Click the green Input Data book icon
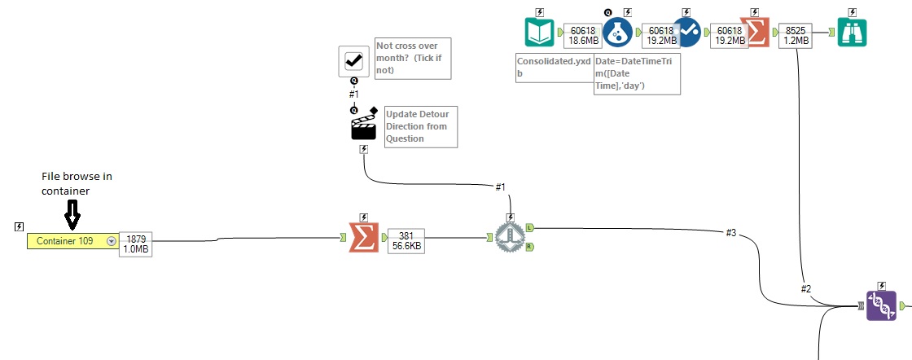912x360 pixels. pos(539,32)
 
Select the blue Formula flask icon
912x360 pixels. pos(617,32)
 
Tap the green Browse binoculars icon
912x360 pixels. pos(853,32)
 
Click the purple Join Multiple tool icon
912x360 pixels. pos(881,305)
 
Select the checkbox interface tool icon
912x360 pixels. pos(353,59)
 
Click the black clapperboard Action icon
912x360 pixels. pos(362,125)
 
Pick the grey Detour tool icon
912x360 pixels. pos(510,238)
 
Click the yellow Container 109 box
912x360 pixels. pos(73,241)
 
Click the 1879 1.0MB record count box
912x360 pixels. pos(136,244)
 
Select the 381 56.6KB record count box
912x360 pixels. pos(405,240)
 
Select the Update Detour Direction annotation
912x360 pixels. pos(419,126)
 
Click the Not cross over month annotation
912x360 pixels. pos(412,59)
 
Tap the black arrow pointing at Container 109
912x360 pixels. pos(72,214)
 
